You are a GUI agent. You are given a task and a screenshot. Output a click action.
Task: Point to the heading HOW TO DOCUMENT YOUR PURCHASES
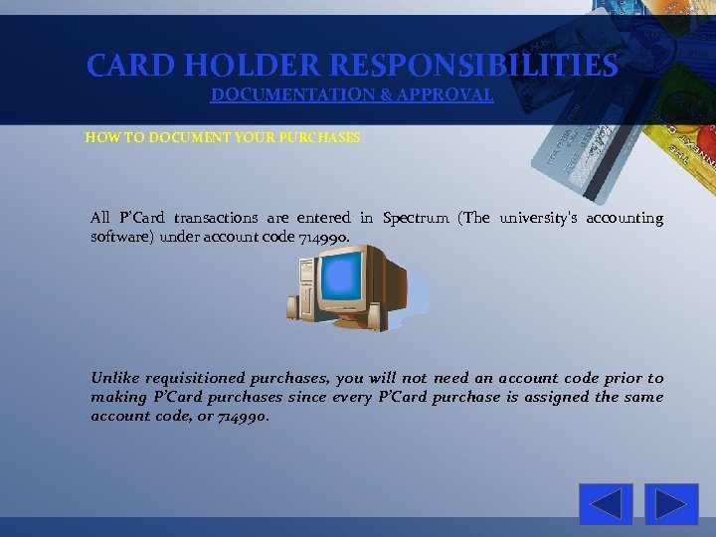[223, 137]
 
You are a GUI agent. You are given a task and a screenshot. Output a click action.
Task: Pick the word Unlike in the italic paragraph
[114, 378]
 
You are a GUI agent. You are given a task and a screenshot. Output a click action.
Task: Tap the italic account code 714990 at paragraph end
[243, 416]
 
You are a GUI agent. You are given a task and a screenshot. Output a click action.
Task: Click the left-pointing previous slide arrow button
[606, 504]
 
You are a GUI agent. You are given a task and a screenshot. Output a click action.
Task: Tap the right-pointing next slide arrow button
[671, 504]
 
